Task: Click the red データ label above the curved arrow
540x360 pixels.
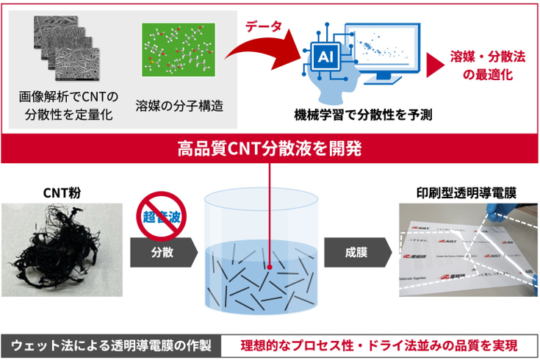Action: [x=264, y=26]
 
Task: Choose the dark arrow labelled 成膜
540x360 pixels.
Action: [x=355, y=252]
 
